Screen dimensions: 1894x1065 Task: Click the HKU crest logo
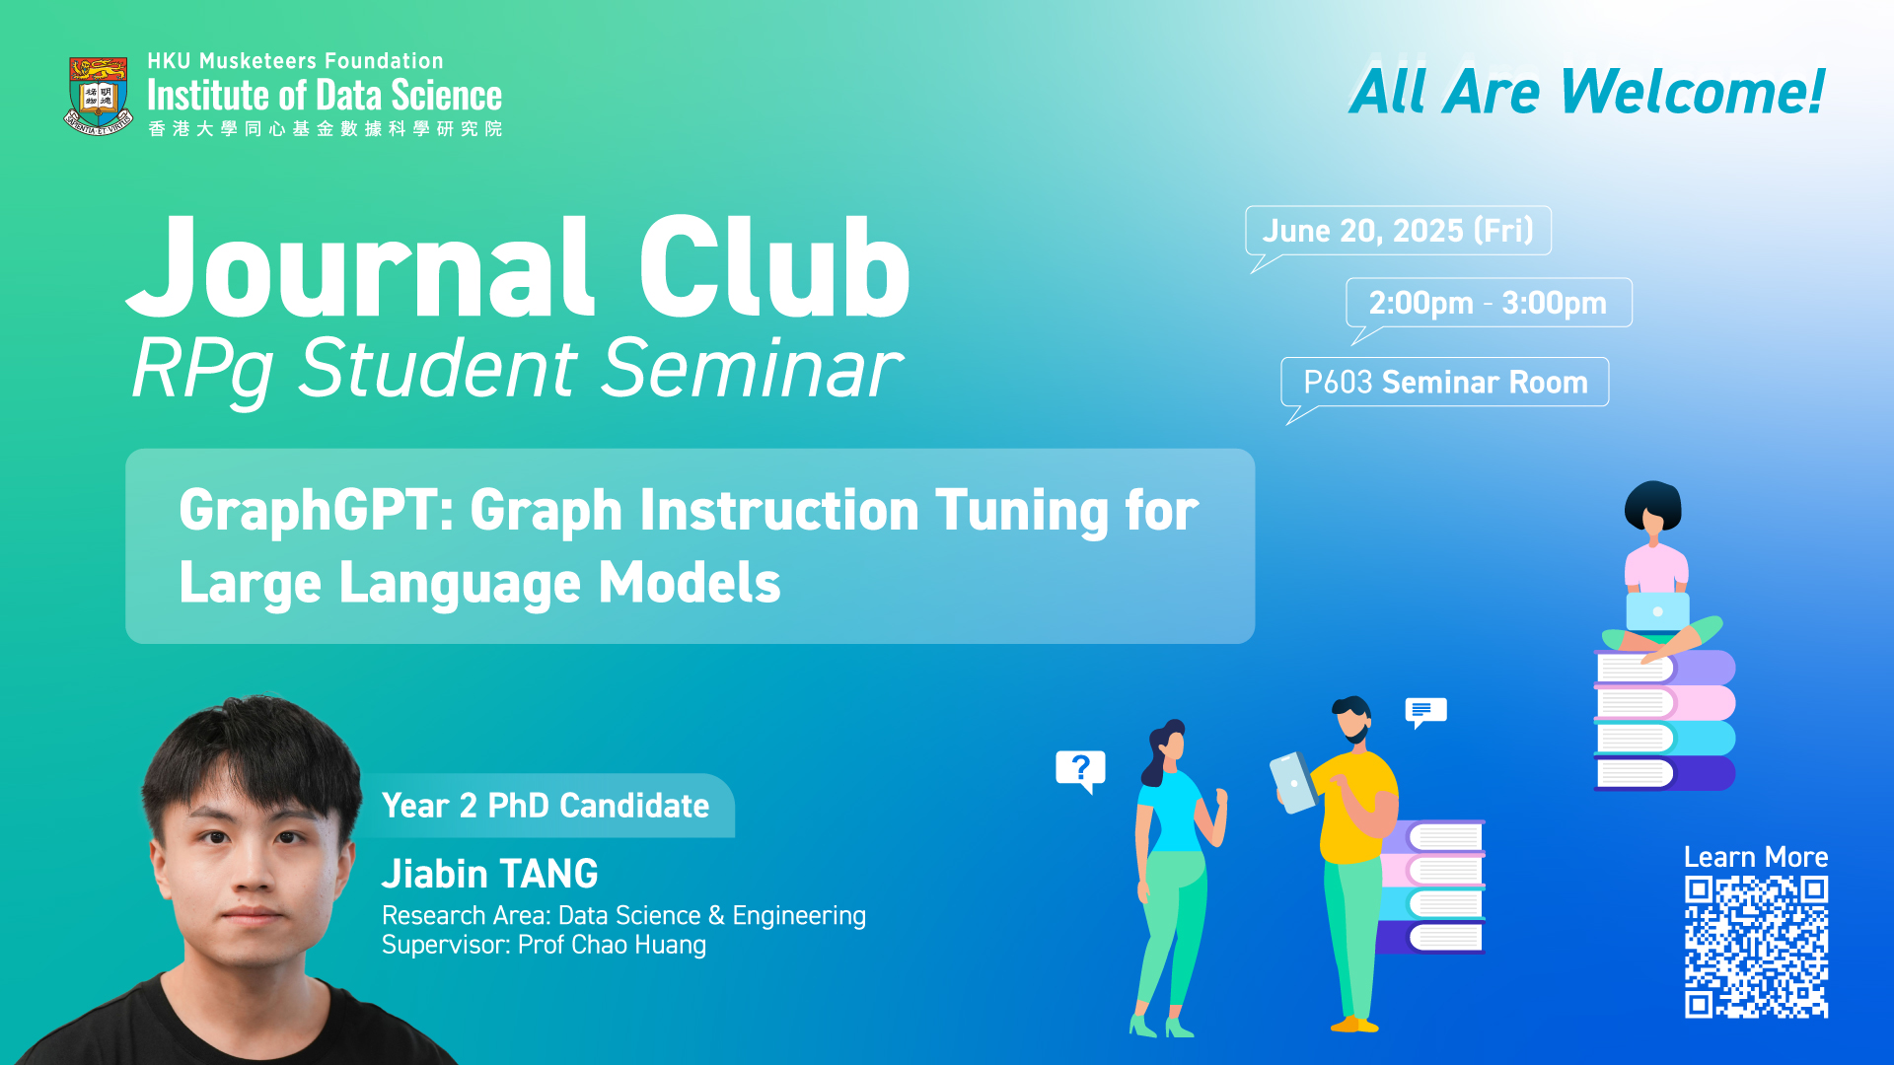[x=99, y=96]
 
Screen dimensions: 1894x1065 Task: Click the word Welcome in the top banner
[x=1693, y=92]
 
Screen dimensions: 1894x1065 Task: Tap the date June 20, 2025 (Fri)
[x=1398, y=231]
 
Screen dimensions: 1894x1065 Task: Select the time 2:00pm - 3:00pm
[x=1488, y=303]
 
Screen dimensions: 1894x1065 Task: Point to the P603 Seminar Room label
[x=1445, y=382]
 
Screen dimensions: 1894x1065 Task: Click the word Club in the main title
[x=774, y=268]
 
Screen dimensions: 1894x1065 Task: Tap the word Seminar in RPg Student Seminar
[x=752, y=369]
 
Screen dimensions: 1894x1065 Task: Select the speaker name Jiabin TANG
[x=490, y=874]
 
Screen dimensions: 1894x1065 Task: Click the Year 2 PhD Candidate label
[x=546, y=806]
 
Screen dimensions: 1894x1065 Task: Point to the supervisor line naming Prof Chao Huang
[x=544, y=945]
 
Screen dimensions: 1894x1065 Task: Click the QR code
[x=1756, y=947]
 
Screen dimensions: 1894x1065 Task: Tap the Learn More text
[x=1756, y=857]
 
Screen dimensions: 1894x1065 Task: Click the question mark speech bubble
[x=1080, y=770]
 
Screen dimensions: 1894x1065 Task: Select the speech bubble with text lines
[x=1425, y=711]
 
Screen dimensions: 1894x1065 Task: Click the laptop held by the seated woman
[x=1657, y=611]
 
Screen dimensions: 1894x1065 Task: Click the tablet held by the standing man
[x=1292, y=783]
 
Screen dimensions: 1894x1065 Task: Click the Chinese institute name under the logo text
[x=325, y=129]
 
